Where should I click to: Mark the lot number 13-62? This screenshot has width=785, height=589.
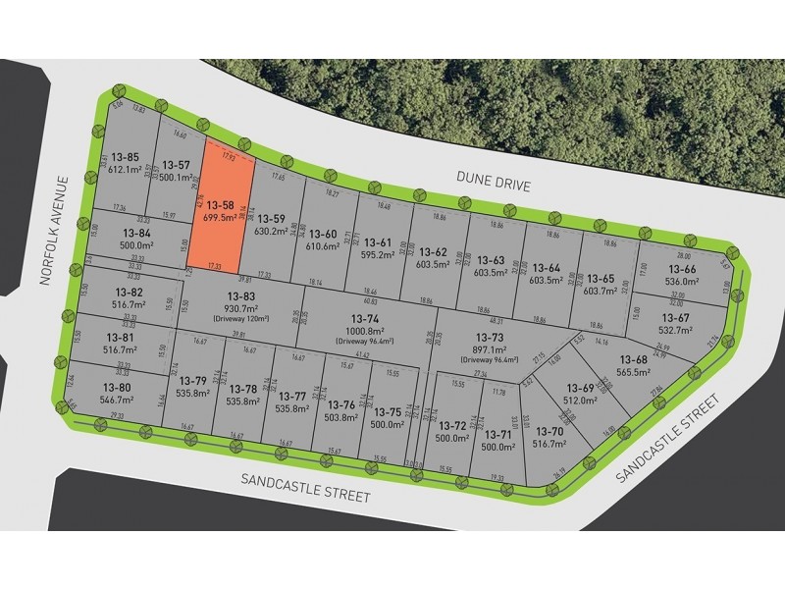(x=434, y=252)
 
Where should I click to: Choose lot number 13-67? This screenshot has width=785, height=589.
(x=675, y=317)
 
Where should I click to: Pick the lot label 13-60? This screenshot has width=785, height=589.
(x=324, y=234)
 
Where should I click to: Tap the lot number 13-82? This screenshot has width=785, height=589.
(x=129, y=294)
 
